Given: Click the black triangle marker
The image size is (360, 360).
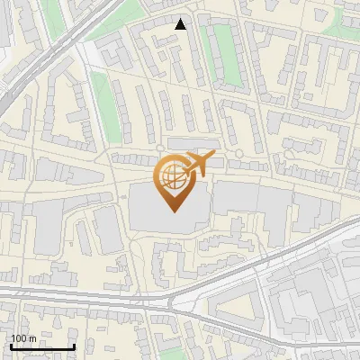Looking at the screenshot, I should [181, 24].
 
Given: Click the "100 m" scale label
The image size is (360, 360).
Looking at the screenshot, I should [23, 338].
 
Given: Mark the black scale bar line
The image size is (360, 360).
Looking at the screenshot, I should [42, 346].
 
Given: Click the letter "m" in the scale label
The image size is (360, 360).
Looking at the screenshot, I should [31, 338].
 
